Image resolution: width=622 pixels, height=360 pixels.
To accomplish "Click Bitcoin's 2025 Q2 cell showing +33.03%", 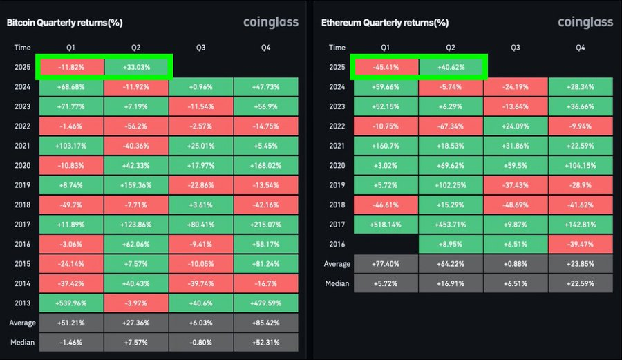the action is tap(136, 68).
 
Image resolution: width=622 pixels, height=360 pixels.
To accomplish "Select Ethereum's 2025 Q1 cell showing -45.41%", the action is tap(386, 68).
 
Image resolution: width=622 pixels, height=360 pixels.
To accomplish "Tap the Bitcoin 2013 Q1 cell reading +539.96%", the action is tap(71, 303).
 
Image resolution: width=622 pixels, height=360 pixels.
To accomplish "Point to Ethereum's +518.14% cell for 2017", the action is tap(386, 225).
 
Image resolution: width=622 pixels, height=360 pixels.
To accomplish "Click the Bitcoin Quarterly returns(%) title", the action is tap(65, 23).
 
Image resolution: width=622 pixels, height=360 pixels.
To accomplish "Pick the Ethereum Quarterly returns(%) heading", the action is tap(385, 23).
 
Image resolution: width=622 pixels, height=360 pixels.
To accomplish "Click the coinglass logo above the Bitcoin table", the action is tap(271, 23).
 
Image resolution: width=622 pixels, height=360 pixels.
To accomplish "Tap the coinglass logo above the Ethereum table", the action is tap(585, 23).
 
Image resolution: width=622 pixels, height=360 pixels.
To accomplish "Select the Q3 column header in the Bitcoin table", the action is tap(200, 48).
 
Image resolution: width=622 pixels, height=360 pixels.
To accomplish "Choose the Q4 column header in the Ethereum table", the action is tap(581, 48).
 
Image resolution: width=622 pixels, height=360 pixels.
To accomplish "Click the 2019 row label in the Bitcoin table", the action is tap(22, 185).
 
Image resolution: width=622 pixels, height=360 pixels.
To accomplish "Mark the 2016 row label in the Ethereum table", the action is tap(337, 244).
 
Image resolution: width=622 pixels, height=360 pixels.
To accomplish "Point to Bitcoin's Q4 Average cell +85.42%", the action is tap(266, 323).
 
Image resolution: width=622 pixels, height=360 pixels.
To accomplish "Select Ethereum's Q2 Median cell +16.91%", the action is tap(451, 284).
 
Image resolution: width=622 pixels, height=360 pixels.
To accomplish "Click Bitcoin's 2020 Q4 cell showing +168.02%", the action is tap(266, 166).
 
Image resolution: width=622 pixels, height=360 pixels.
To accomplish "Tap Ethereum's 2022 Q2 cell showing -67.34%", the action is tap(451, 126).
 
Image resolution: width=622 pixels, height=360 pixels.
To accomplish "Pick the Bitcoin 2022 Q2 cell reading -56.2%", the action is tap(136, 126).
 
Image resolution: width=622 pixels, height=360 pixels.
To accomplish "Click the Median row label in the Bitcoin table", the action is tap(22, 343).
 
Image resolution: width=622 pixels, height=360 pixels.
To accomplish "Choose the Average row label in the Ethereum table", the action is tap(337, 264).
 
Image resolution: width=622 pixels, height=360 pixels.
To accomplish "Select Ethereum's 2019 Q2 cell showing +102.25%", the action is tap(451, 185).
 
